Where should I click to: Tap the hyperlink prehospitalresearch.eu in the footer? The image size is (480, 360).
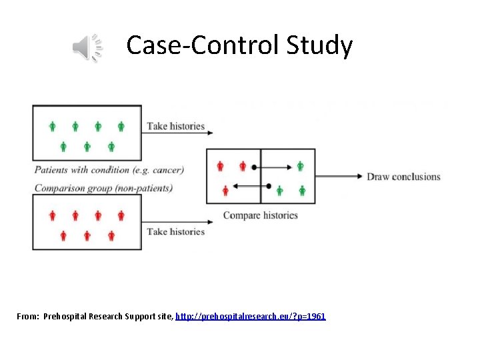tap(251, 316)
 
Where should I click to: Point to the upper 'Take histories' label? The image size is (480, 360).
tap(176, 126)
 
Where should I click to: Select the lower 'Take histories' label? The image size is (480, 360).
tap(176, 231)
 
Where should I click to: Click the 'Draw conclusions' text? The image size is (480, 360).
tap(403, 177)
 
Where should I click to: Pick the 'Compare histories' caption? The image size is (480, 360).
tap(260, 215)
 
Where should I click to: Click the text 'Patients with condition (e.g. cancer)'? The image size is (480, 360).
tap(109, 169)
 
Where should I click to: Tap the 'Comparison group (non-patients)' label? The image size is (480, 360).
tap(103, 188)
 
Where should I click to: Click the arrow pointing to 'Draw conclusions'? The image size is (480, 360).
tap(340, 177)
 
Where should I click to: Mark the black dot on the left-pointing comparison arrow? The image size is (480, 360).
tap(269, 186)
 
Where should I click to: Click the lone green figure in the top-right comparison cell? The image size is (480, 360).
tap(300, 166)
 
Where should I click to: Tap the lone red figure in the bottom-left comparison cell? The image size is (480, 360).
tap(225, 191)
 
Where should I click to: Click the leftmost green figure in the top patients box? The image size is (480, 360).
tap(53, 126)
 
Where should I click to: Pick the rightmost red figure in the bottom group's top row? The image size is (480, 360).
tap(121, 215)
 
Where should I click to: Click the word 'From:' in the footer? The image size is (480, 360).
tap(28, 316)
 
